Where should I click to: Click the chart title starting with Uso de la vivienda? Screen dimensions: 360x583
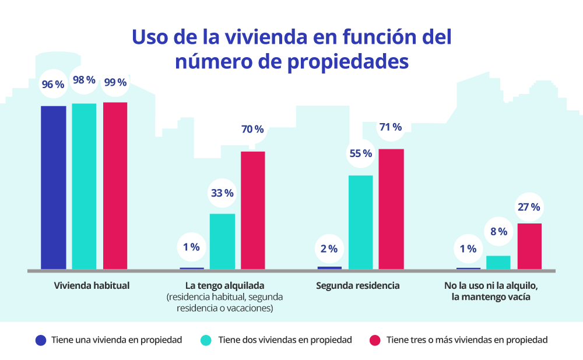click(x=291, y=48)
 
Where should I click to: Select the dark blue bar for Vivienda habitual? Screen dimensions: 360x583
click(x=53, y=188)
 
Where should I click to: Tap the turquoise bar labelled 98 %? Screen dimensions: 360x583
click(x=84, y=187)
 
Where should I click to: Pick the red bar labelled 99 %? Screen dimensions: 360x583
click(x=115, y=186)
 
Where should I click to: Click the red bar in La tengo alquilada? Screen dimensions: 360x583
click(x=252, y=211)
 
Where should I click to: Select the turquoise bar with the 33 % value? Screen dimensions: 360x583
click(x=222, y=242)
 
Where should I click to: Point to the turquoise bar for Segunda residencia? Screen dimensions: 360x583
click(x=360, y=222)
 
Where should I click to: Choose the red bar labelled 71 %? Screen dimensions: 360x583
click(x=391, y=209)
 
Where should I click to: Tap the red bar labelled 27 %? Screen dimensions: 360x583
click(x=529, y=246)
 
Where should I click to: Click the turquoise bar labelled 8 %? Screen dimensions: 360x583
click(x=498, y=263)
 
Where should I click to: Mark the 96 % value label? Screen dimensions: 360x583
click(x=52, y=85)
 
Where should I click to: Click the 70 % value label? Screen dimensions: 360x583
click(x=252, y=129)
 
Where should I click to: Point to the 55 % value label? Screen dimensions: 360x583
click(x=360, y=153)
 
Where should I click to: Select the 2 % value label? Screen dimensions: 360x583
click(x=329, y=249)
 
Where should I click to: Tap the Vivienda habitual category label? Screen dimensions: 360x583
click(x=92, y=286)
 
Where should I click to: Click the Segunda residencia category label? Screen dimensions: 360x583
click(x=358, y=286)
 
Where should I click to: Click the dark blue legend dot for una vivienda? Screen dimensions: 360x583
click(x=40, y=340)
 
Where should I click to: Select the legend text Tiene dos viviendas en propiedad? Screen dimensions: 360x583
click(x=285, y=340)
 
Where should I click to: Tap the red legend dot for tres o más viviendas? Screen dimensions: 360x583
click(x=375, y=340)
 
